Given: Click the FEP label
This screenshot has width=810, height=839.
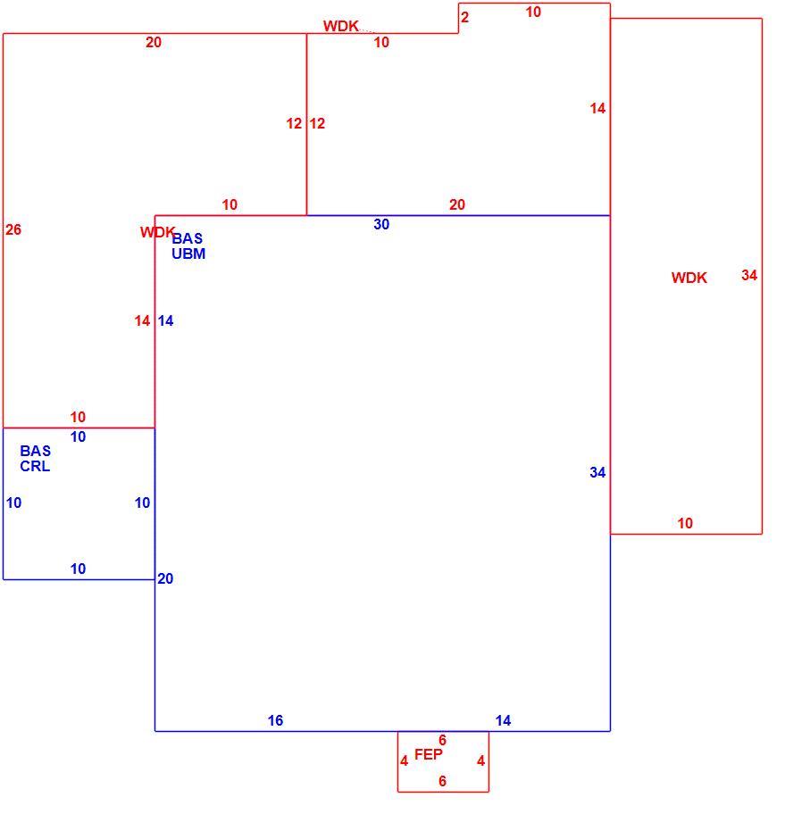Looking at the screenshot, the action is [x=429, y=754].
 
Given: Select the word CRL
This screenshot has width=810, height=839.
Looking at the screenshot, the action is [x=35, y=466].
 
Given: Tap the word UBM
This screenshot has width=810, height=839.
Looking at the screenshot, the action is [x=188, y=253].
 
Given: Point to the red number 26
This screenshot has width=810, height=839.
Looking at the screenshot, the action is [x=13, y=229].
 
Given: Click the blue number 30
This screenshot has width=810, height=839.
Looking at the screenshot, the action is [x=381, y=224].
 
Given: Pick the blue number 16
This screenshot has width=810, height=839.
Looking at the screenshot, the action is [x=275, y=721].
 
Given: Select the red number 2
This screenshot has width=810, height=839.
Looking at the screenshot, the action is [x=464, y=17].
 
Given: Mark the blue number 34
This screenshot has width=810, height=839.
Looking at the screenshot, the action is [x=597, y=472].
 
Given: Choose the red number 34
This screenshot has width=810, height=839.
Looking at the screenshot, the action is [x=749, y=275].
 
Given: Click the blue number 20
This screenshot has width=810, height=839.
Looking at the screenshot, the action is [x=165, y=578].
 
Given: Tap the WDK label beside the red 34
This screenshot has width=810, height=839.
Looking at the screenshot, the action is [x=689, y=278].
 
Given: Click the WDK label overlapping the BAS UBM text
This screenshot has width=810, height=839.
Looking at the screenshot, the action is [x=157, y=232].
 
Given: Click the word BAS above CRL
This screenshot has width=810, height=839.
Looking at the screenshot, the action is [x=36, y=451].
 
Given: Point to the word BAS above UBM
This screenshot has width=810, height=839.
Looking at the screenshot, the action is [x=187, y=238].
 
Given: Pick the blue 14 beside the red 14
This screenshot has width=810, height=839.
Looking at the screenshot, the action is [x=165, y=321].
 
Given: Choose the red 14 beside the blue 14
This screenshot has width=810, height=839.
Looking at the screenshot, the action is [x=142, y=321].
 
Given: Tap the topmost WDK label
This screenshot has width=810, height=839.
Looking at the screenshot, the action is [x=340, y=26].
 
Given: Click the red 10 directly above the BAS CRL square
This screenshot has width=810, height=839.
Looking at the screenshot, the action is [x=78, y=417].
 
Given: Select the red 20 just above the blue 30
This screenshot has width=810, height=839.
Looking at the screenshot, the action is [x=456, y=204].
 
